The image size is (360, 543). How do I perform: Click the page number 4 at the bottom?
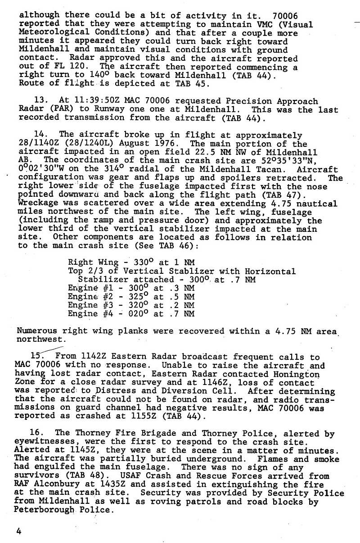pos(18,531)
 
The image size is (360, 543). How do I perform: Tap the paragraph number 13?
pos(39,101)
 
